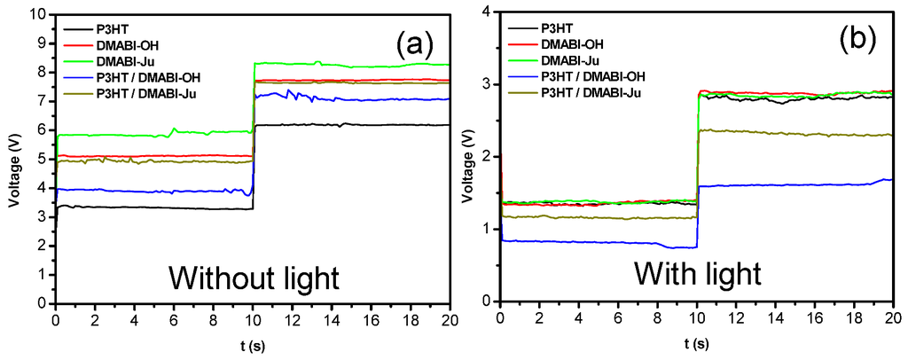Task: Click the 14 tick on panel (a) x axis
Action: (331, 317)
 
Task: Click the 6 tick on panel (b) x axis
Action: (620, 317)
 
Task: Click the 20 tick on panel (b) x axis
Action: (893, 317)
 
